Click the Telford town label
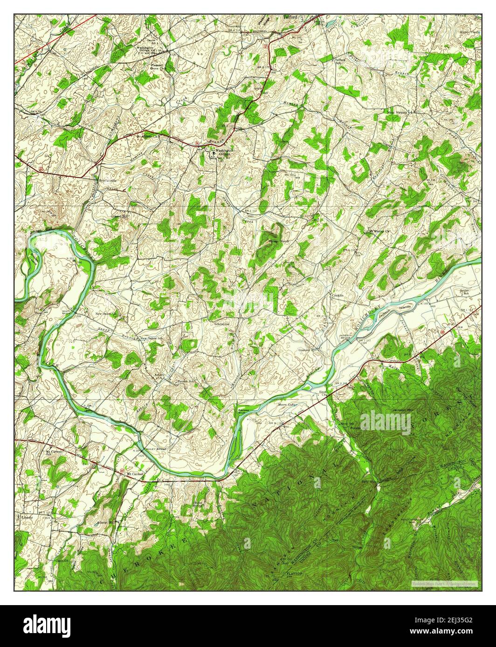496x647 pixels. [x=290, y=17]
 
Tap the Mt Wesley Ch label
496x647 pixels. [x=379, y=231]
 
